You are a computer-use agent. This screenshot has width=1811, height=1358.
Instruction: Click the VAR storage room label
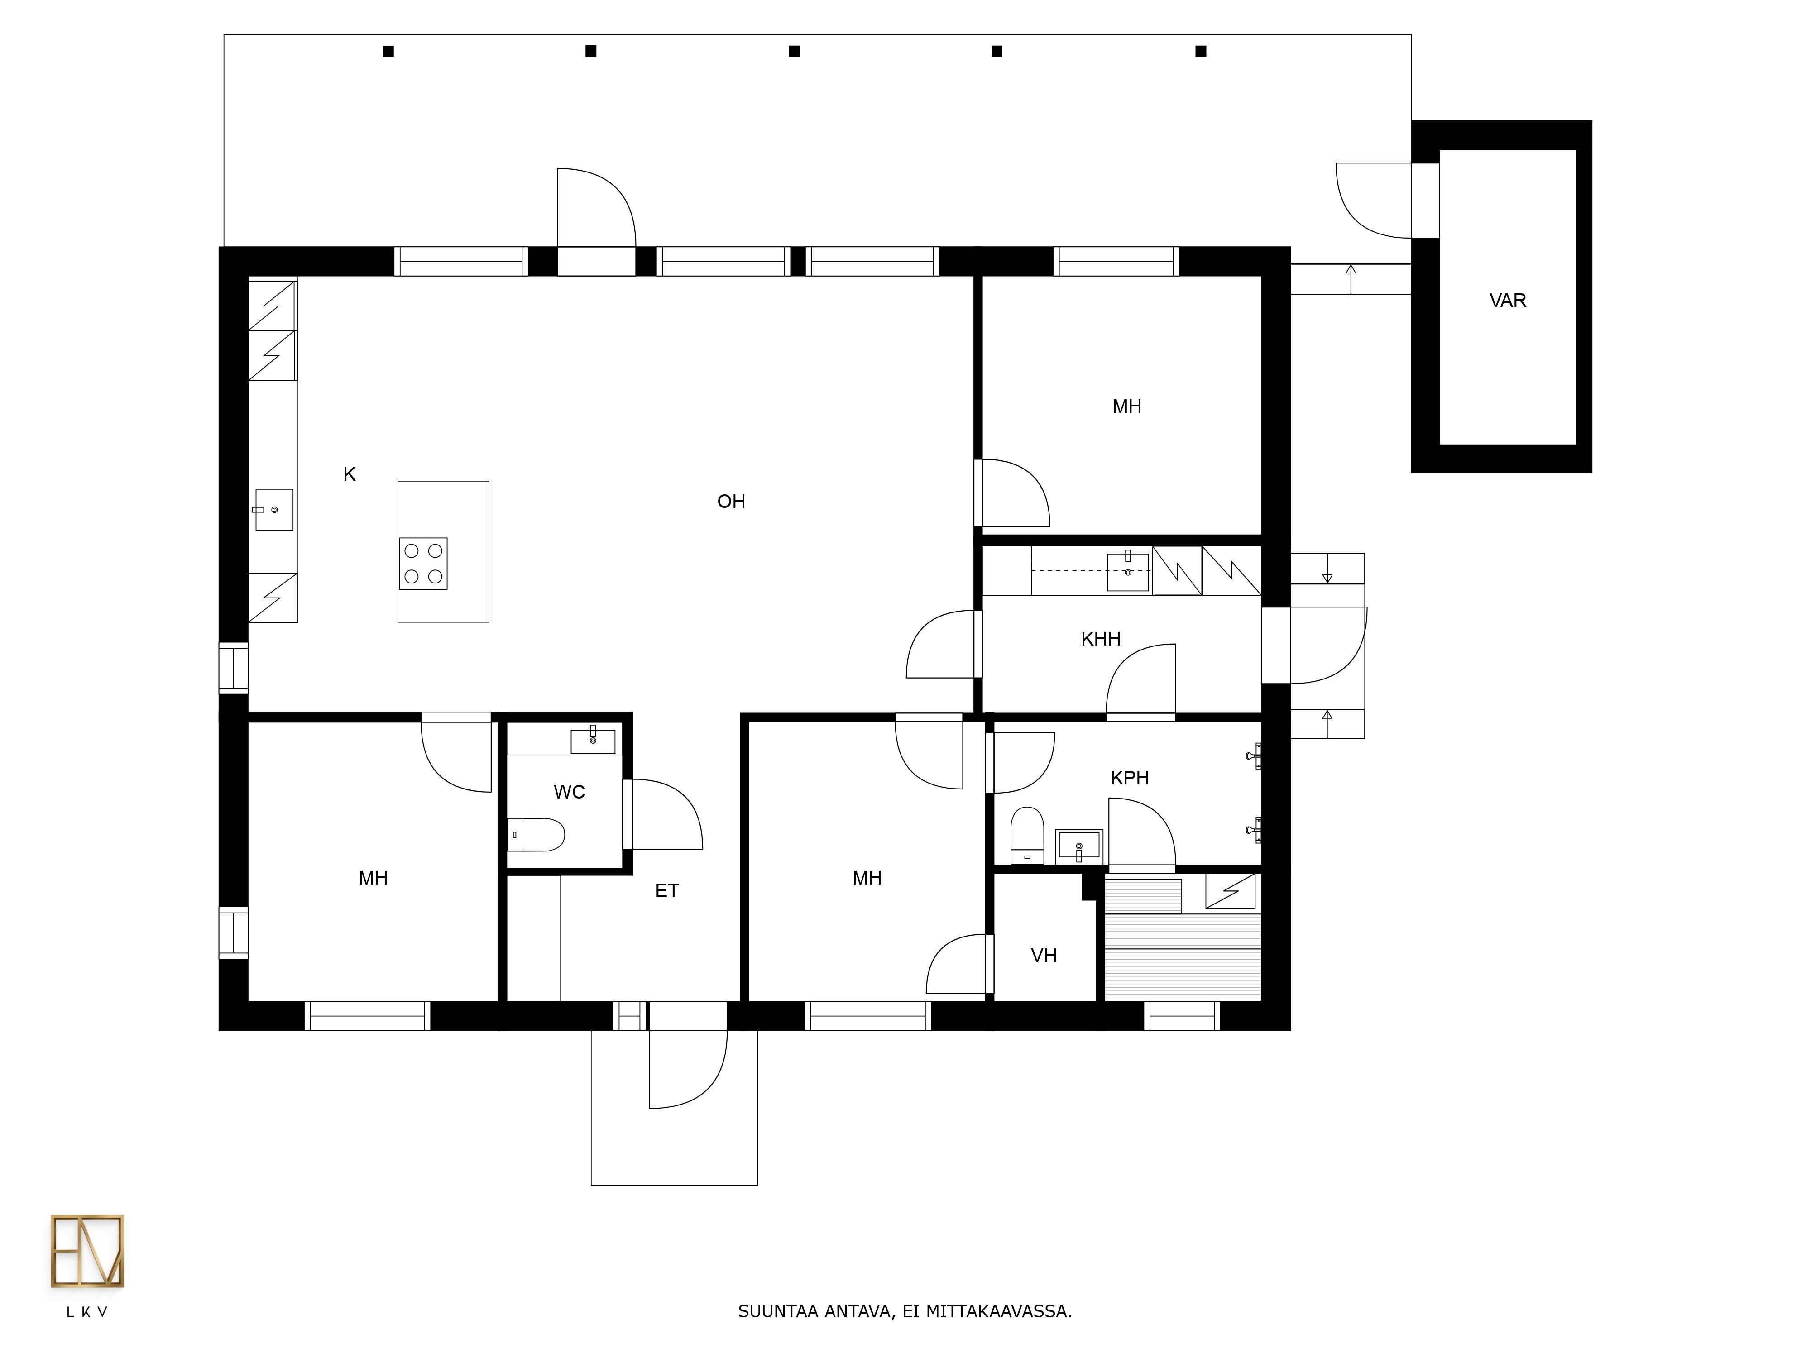[x=1507, y=301]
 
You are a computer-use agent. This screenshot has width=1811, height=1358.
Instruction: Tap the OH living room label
[x=731, y=501]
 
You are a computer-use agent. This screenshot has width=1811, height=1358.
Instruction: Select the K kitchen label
[x=350, y=474]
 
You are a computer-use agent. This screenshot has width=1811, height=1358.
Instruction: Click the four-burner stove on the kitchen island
[x=423, y=563]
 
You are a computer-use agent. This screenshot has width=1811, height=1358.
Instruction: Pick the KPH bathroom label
[x=1129, y=778]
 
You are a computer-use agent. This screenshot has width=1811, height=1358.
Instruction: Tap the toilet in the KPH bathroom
[x=1027, y=835]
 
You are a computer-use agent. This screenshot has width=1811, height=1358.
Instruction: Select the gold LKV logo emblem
[x=87, y=1251]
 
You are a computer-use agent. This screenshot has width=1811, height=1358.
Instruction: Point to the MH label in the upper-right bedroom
[x=1126, y=406]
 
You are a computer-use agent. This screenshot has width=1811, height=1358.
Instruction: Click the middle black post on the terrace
[x=794, y=51]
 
